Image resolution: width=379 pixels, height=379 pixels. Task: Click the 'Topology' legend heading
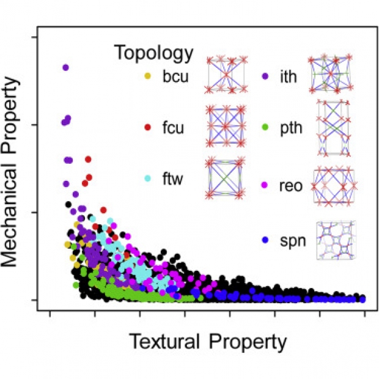(x=153, y=53)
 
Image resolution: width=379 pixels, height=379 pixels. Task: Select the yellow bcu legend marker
(x=147, y=76)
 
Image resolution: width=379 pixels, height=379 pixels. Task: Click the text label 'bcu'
(x=175, y=77)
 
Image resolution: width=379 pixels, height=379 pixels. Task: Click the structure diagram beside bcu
(x=226, y=75)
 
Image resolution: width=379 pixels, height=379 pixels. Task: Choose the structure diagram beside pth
(x=333, y=128)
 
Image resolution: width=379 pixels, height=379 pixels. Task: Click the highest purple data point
(x=65, y=67)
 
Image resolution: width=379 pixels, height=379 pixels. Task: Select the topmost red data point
(x=89, y=159)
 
